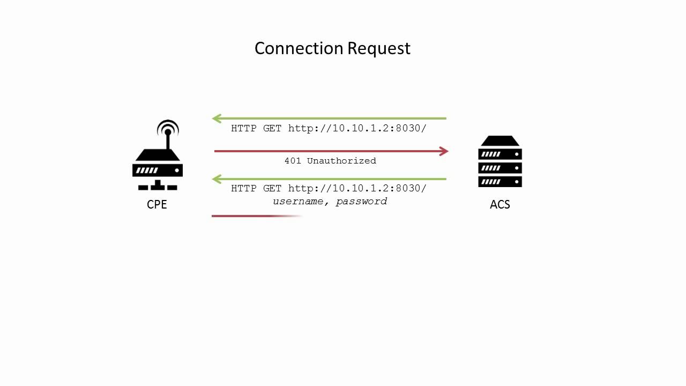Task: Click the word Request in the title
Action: coord(379,49)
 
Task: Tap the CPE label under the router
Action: coord(157,204)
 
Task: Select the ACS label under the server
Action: coord(500,204)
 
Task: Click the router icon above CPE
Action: coord(158,161)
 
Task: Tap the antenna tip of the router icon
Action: coord(168,131)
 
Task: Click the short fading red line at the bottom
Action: coord(252,216)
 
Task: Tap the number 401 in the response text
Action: coord(293,161)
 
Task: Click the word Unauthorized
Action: coord(341,161)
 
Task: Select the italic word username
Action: coord(298,202)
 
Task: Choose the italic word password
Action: coord(361,202)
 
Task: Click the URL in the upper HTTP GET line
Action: coord(357,129)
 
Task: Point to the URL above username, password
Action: coord(357,189)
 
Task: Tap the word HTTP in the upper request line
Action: coord(244,129)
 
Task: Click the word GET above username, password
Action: coord(273,189)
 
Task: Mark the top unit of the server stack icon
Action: coord(500,142)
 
